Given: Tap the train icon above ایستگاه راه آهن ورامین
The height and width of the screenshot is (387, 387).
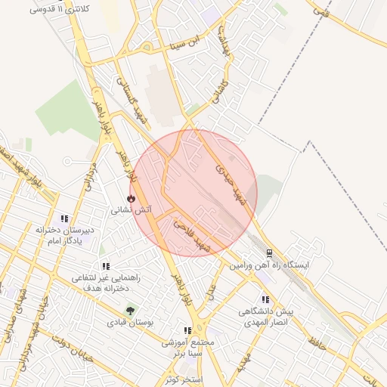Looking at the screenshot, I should (269, 252).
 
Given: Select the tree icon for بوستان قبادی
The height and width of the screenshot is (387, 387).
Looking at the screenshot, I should (131, 310).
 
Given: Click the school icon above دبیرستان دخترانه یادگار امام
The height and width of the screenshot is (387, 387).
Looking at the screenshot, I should (63, 218).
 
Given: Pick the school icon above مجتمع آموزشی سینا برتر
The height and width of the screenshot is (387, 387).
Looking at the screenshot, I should (187, 330).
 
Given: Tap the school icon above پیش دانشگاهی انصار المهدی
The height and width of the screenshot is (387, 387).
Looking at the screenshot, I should (265, 299).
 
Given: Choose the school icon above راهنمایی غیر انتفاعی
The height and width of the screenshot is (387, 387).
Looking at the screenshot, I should (105, 266).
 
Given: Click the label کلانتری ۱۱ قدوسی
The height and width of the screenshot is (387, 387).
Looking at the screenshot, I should (58, 9).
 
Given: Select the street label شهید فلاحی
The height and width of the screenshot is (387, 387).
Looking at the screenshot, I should (190, 233).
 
